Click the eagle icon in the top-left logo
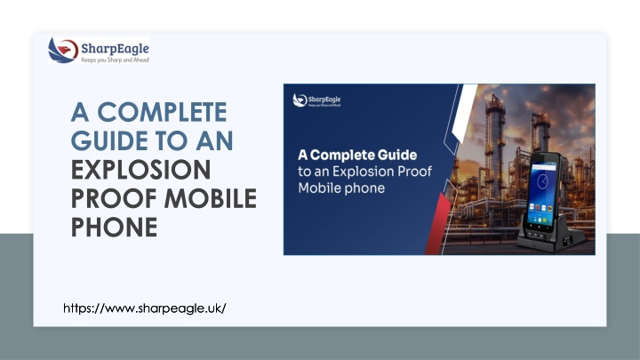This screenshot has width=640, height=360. click(63, 50)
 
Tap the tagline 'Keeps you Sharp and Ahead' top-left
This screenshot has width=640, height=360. click(115, 60)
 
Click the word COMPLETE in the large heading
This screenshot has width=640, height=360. click(162, 112)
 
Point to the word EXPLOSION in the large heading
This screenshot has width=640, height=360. click(140, 170)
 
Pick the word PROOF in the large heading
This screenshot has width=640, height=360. click(114, 198)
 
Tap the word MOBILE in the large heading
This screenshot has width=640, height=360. click(210, 198)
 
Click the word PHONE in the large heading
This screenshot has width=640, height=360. click(114, 227)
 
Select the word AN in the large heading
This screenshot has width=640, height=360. click(214, 140)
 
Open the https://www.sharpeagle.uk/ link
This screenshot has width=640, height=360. click(145, 308)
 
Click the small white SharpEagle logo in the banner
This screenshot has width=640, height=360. click(316, 100)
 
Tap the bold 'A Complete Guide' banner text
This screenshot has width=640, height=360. click(357, 155)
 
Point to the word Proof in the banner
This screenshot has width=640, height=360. click(415, 172)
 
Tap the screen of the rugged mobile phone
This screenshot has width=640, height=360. click(543, 195)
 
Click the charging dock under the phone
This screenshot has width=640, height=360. click(552, 237)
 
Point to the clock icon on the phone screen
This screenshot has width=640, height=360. click(542, 180)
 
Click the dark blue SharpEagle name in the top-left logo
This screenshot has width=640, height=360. click(115, 49)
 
